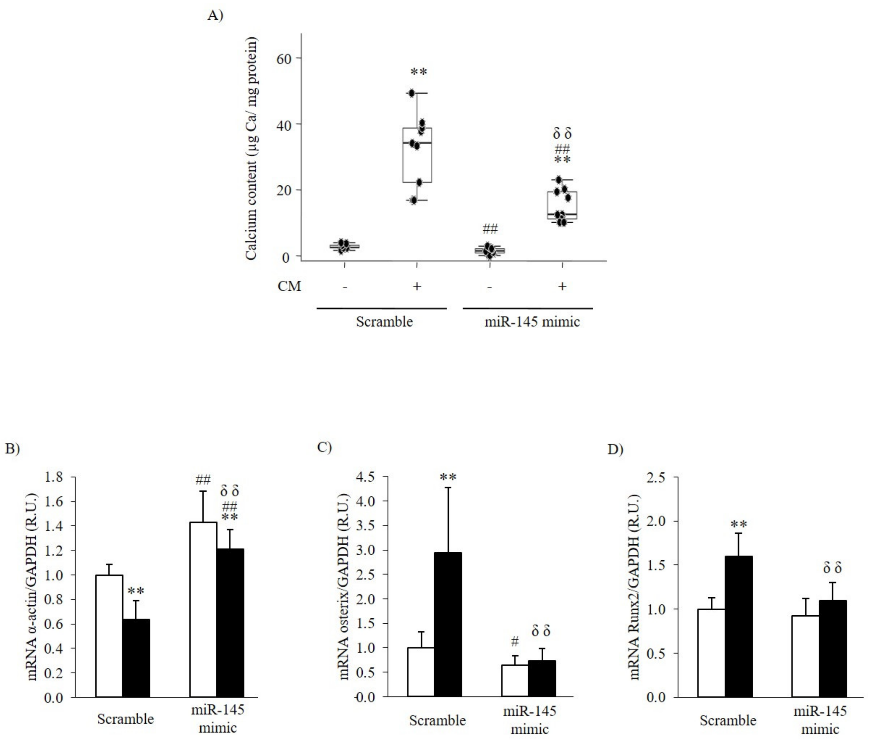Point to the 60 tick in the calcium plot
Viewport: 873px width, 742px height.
tap(284, 59)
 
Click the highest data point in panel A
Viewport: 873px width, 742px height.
tap(412, 93)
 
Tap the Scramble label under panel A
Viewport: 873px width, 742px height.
tap(384, 322)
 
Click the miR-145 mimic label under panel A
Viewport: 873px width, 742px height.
tap(532, 322)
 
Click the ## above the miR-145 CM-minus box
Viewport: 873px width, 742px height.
tap(490, 229)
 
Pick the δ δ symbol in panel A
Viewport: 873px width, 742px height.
tap(562, 134)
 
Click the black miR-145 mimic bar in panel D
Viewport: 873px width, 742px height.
tap(833, 648)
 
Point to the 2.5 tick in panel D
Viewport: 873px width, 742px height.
tap(656, 477)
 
